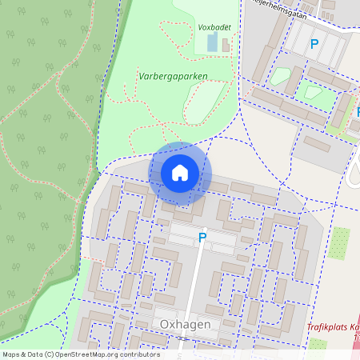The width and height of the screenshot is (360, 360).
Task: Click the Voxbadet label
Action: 214,26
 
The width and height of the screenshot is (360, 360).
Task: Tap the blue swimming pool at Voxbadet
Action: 212,42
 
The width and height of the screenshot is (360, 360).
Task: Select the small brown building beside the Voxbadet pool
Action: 226,45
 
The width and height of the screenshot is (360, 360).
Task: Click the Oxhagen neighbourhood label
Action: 185,324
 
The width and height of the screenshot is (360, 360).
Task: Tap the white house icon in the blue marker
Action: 180,172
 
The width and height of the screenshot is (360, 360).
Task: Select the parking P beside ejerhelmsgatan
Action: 314,45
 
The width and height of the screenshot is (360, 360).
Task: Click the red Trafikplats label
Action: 333,328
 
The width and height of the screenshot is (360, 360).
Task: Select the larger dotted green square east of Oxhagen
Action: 340,242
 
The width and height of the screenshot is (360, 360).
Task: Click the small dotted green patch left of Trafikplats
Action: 318,344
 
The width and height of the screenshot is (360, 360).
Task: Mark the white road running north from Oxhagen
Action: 194,280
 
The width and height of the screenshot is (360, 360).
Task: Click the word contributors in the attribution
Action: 138,354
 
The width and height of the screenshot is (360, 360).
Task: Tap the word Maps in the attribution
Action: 12,354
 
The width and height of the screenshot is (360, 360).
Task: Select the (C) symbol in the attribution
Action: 49,354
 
